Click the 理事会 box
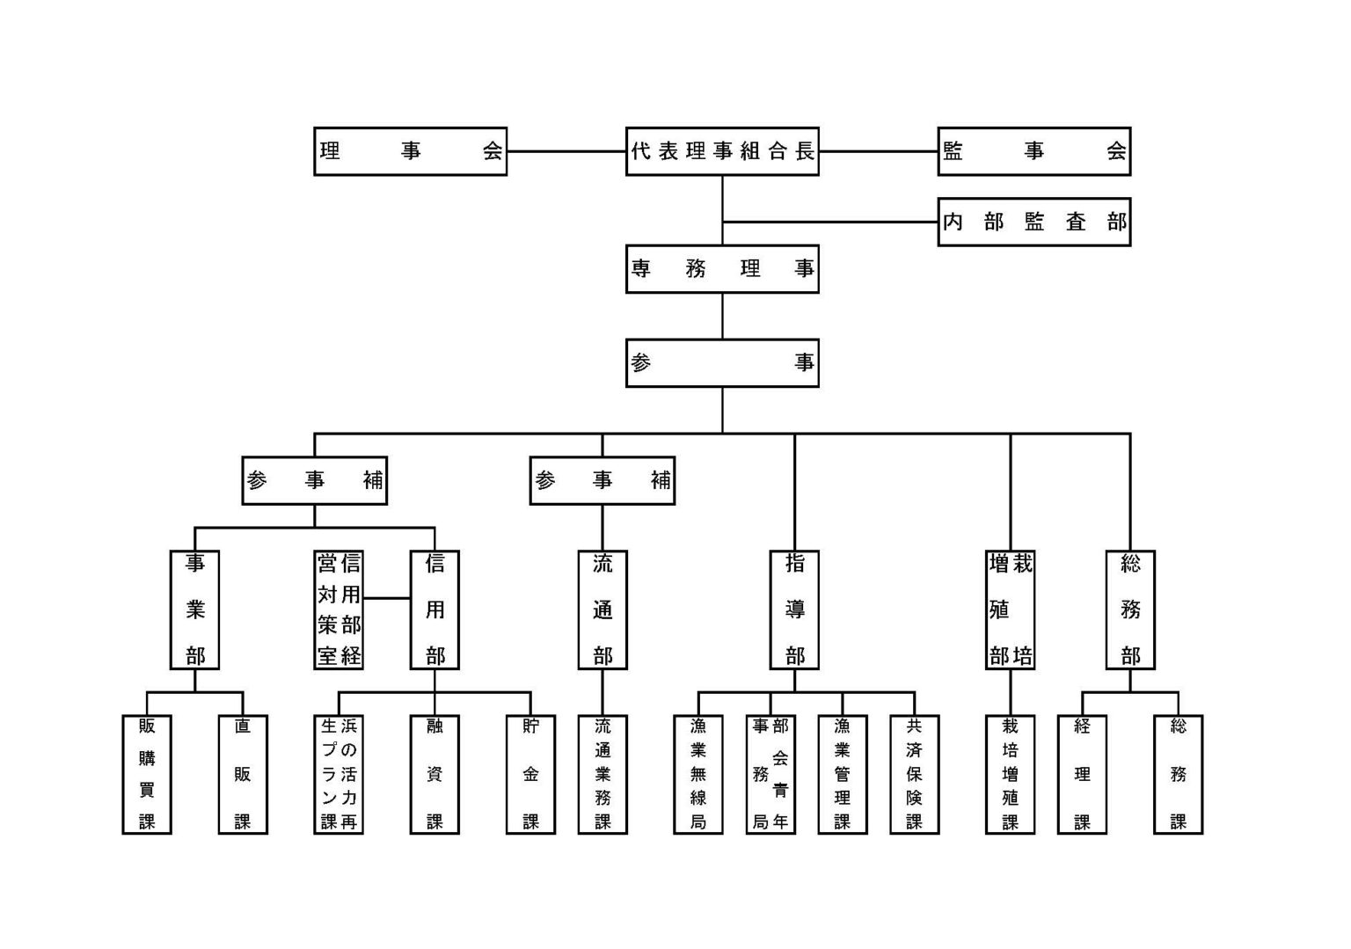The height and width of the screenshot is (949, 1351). [x=410, y=151]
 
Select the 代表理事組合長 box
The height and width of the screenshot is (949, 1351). [x=722, y=151]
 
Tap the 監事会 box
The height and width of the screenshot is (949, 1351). [x=1033, y=151]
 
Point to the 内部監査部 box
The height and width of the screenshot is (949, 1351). [x=1033, y=222]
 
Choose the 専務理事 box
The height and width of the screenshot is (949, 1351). [x=722, y=268]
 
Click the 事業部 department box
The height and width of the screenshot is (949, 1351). [x=194, y=610]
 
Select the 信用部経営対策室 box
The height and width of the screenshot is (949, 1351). [x=339, y=610]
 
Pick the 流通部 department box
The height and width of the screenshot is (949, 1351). [x=602, y=610]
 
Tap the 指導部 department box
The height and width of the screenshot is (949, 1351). [x=794, y=610]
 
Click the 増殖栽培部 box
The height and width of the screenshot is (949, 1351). [x=1010, y=610]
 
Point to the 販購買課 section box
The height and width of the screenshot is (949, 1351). [x=147, y=774]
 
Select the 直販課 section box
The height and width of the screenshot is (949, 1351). [x=243, y=774]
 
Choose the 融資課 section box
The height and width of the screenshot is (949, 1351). [x=435, y=774]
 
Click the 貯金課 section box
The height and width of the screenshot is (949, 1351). [x=530, y=774]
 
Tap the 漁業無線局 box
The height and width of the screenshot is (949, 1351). [x=698, y=774]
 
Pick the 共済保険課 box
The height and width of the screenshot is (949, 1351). [x=914, y=774]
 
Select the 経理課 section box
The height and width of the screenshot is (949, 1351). [x=1082, y=774]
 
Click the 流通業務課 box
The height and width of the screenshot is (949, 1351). [x=602, y=774]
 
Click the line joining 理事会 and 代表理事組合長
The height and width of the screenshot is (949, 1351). [x=566, y=151]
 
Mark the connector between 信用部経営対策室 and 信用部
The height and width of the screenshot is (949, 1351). [x=387, y=598]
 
